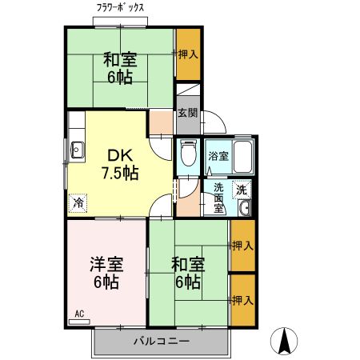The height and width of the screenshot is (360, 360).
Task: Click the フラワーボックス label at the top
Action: (x=121, y=6)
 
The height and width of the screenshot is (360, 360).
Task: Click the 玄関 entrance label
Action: (x=187, y=114)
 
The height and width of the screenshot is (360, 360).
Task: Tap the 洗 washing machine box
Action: (x=242, y=190)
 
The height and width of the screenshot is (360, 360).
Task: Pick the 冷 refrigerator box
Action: (x=78, y=203)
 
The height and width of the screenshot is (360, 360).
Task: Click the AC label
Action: (x=79, y=314)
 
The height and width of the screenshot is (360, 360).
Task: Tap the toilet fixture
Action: (x=188, y=154)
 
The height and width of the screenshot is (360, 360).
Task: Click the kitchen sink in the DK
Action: (x=78, y=149)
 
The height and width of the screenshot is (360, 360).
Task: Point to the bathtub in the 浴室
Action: (x=242, y=156)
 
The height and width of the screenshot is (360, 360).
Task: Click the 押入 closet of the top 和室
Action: (x=188, y=54)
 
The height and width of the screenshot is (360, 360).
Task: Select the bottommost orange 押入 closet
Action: (x=242, y=300)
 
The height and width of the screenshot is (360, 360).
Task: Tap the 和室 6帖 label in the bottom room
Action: (x=186, y=272)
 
